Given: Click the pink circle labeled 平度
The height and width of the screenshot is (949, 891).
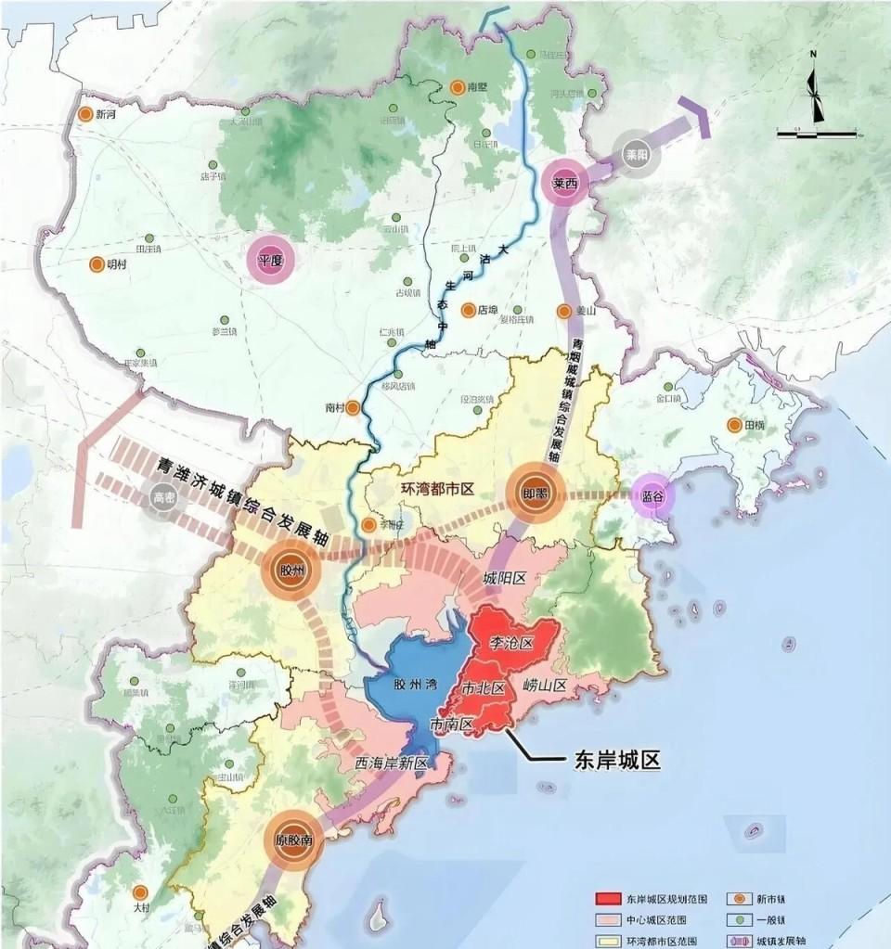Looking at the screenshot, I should point(270,261).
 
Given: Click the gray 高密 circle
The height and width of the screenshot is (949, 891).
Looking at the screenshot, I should point(163,499).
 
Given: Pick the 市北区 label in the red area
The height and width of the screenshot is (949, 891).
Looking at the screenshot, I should point(484,688).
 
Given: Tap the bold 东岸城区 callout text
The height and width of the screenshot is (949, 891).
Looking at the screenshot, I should point(613,760).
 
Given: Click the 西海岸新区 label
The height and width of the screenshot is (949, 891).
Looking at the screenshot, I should point(391,763).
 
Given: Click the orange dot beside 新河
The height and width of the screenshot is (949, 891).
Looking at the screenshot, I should point(84,114).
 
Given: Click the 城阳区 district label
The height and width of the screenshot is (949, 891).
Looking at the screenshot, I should point(504,578).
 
